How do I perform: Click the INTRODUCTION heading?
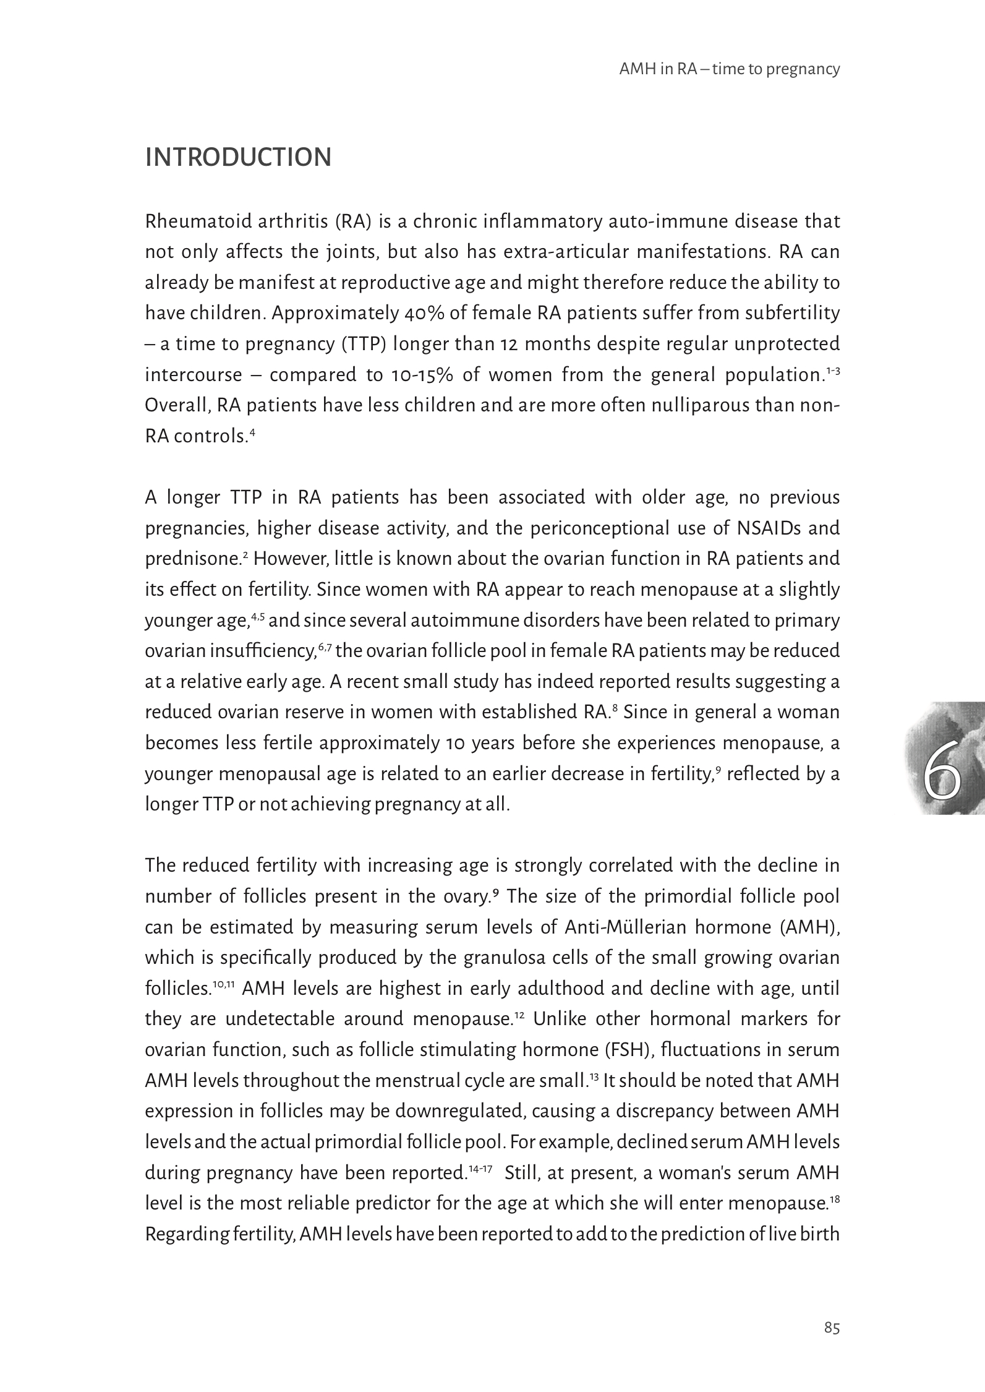click(238, 158)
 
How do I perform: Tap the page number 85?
click(832, 1328)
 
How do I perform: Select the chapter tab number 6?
click(942, 778)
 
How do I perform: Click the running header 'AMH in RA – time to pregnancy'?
click(729, 69)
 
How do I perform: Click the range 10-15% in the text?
click(422, 375)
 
